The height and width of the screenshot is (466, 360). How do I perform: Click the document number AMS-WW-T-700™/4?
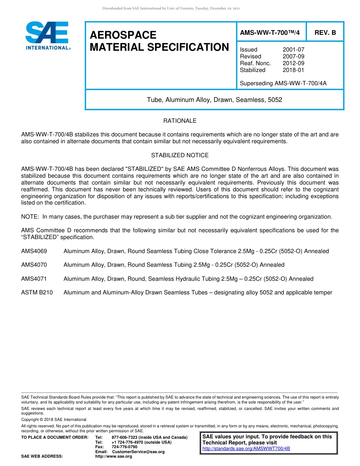pos(270,33)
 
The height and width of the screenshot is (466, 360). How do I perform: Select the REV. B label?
pos(325,33)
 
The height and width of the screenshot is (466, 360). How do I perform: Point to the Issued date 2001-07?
pos(293,50)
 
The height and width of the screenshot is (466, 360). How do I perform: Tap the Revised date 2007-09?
pos(293,56)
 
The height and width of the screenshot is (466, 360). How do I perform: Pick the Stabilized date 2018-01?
pos(293,70)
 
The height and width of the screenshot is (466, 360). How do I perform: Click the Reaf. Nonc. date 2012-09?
pos(293,63)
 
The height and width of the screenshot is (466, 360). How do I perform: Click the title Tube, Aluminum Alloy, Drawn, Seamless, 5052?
pos(214,100)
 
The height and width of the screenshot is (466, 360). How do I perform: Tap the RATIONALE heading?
pos(180,121)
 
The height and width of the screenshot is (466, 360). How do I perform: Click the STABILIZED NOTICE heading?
pos(180,155)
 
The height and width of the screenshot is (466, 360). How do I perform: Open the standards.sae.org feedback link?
pos(246,449)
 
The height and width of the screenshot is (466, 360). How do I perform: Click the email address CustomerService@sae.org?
pos(138,452)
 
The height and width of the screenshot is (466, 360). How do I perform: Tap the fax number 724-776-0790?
pos(124,447)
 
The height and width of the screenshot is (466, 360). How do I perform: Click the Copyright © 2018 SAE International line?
pos(54,419)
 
